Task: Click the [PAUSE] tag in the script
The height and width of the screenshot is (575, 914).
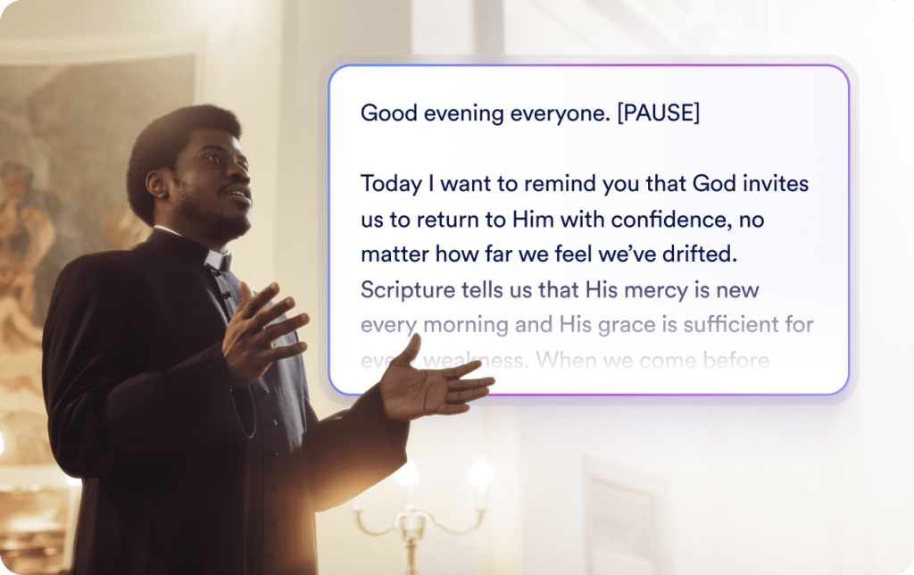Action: click(x=658, y=114)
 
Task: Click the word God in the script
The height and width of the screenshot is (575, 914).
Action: click(x=714, y=185)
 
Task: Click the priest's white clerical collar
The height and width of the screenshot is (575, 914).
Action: click(x=218, y=261)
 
